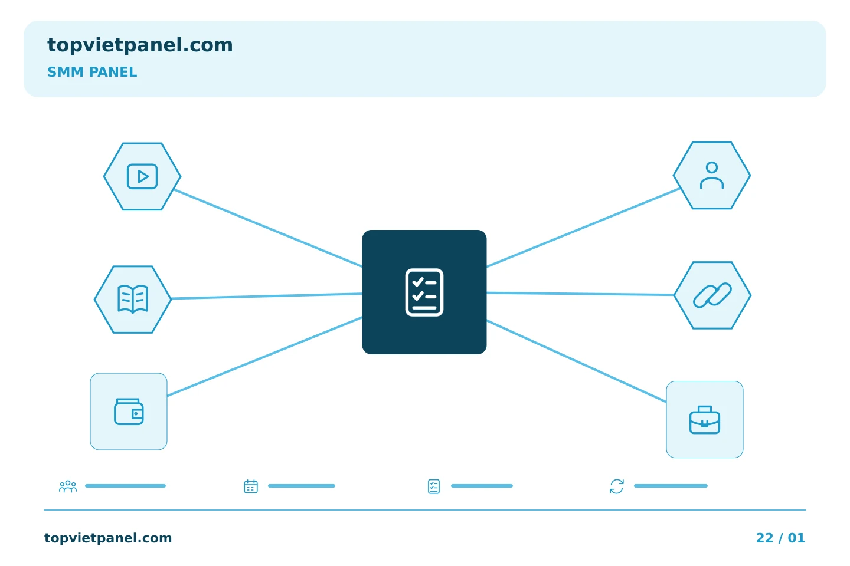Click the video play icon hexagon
pos(142,176)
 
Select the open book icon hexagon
pos(133,300)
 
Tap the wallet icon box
pos(129,412)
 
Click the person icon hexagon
pos(712,176)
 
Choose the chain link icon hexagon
pos(712,295)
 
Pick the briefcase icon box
pos(705,420)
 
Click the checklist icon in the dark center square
pos(424,292)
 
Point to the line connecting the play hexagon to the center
pos(268,228)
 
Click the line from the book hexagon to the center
pos(267,296)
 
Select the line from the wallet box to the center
pos(265,356)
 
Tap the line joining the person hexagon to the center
pos(583,228)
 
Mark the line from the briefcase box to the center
pos(576,361)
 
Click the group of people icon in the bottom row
pos(68,486)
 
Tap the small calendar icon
pos(251,486)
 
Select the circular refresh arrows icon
pos(617,486)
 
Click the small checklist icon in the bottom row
pos(434,486)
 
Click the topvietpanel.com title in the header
pos(140,45)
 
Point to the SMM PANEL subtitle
pos(92,72)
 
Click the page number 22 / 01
pos(780,538)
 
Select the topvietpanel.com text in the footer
pos(108,538)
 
